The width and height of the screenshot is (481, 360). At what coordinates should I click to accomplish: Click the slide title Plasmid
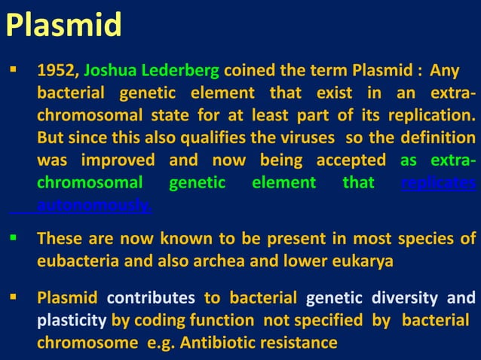pos(63,26)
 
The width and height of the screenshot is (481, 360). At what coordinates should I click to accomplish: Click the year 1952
pos(57,72)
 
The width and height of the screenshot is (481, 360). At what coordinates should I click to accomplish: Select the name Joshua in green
pos(110,72)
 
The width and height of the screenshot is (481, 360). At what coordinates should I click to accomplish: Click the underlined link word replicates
pos(438,183)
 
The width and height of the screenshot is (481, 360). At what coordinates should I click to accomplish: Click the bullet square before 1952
pos(12,71)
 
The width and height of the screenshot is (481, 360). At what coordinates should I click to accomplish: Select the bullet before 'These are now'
pos(12,239)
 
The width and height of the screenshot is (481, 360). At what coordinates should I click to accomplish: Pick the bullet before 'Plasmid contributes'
pos(12,299)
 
